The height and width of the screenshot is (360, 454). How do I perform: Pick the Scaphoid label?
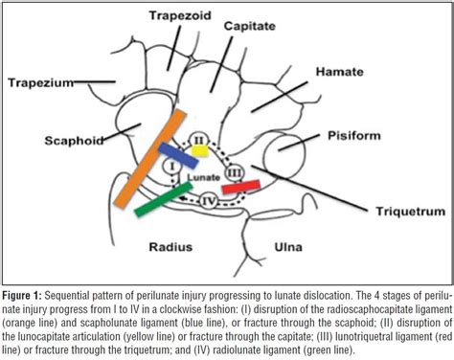47,138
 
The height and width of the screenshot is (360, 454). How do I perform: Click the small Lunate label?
202,177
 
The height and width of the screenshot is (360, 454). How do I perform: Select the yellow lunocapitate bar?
198,149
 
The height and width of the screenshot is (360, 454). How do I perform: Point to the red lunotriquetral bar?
240,187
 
